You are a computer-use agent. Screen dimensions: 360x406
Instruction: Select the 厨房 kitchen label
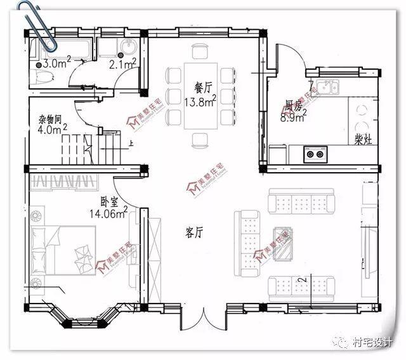(292, 105)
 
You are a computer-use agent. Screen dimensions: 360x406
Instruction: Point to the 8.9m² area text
(293, 117)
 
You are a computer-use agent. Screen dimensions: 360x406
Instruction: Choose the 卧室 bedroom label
(110, 201)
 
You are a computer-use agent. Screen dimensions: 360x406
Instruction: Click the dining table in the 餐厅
(201, 95)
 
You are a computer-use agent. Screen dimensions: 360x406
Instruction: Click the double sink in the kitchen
(329, 86)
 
